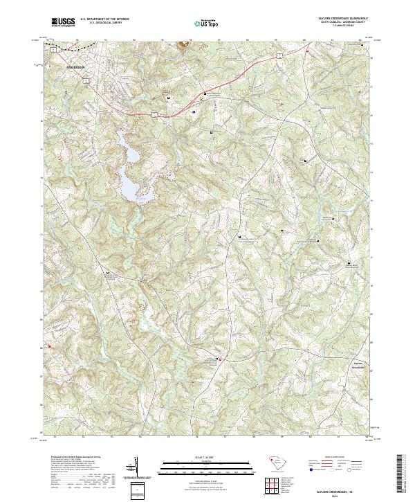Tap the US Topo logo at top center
(201, 23)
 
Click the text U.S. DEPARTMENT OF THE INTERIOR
(104, 19)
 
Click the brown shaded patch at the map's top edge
(185, 46)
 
